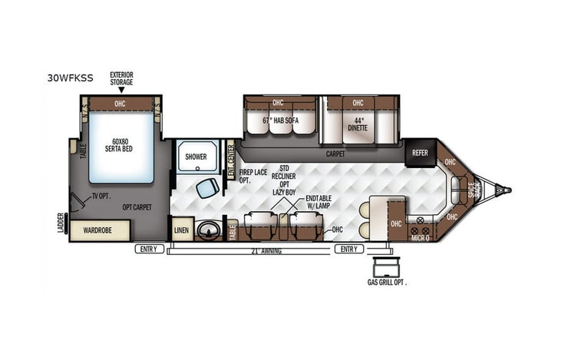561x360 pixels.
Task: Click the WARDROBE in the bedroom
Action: (x=100, y=229)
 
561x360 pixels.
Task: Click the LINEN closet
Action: (x=181, y=229)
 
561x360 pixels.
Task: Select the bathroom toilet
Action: (x=206, y=188)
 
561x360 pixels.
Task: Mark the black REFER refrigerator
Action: (x=420, y=152)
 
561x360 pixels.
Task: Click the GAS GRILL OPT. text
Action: (x=386, y=282)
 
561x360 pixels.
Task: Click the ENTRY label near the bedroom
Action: (x=149, y=249)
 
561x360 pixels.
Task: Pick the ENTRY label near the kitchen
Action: (x=348, y=249)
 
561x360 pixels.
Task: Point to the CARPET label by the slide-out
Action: (x=335, y=154)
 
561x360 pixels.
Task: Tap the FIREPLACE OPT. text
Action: (x=252, y=177)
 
